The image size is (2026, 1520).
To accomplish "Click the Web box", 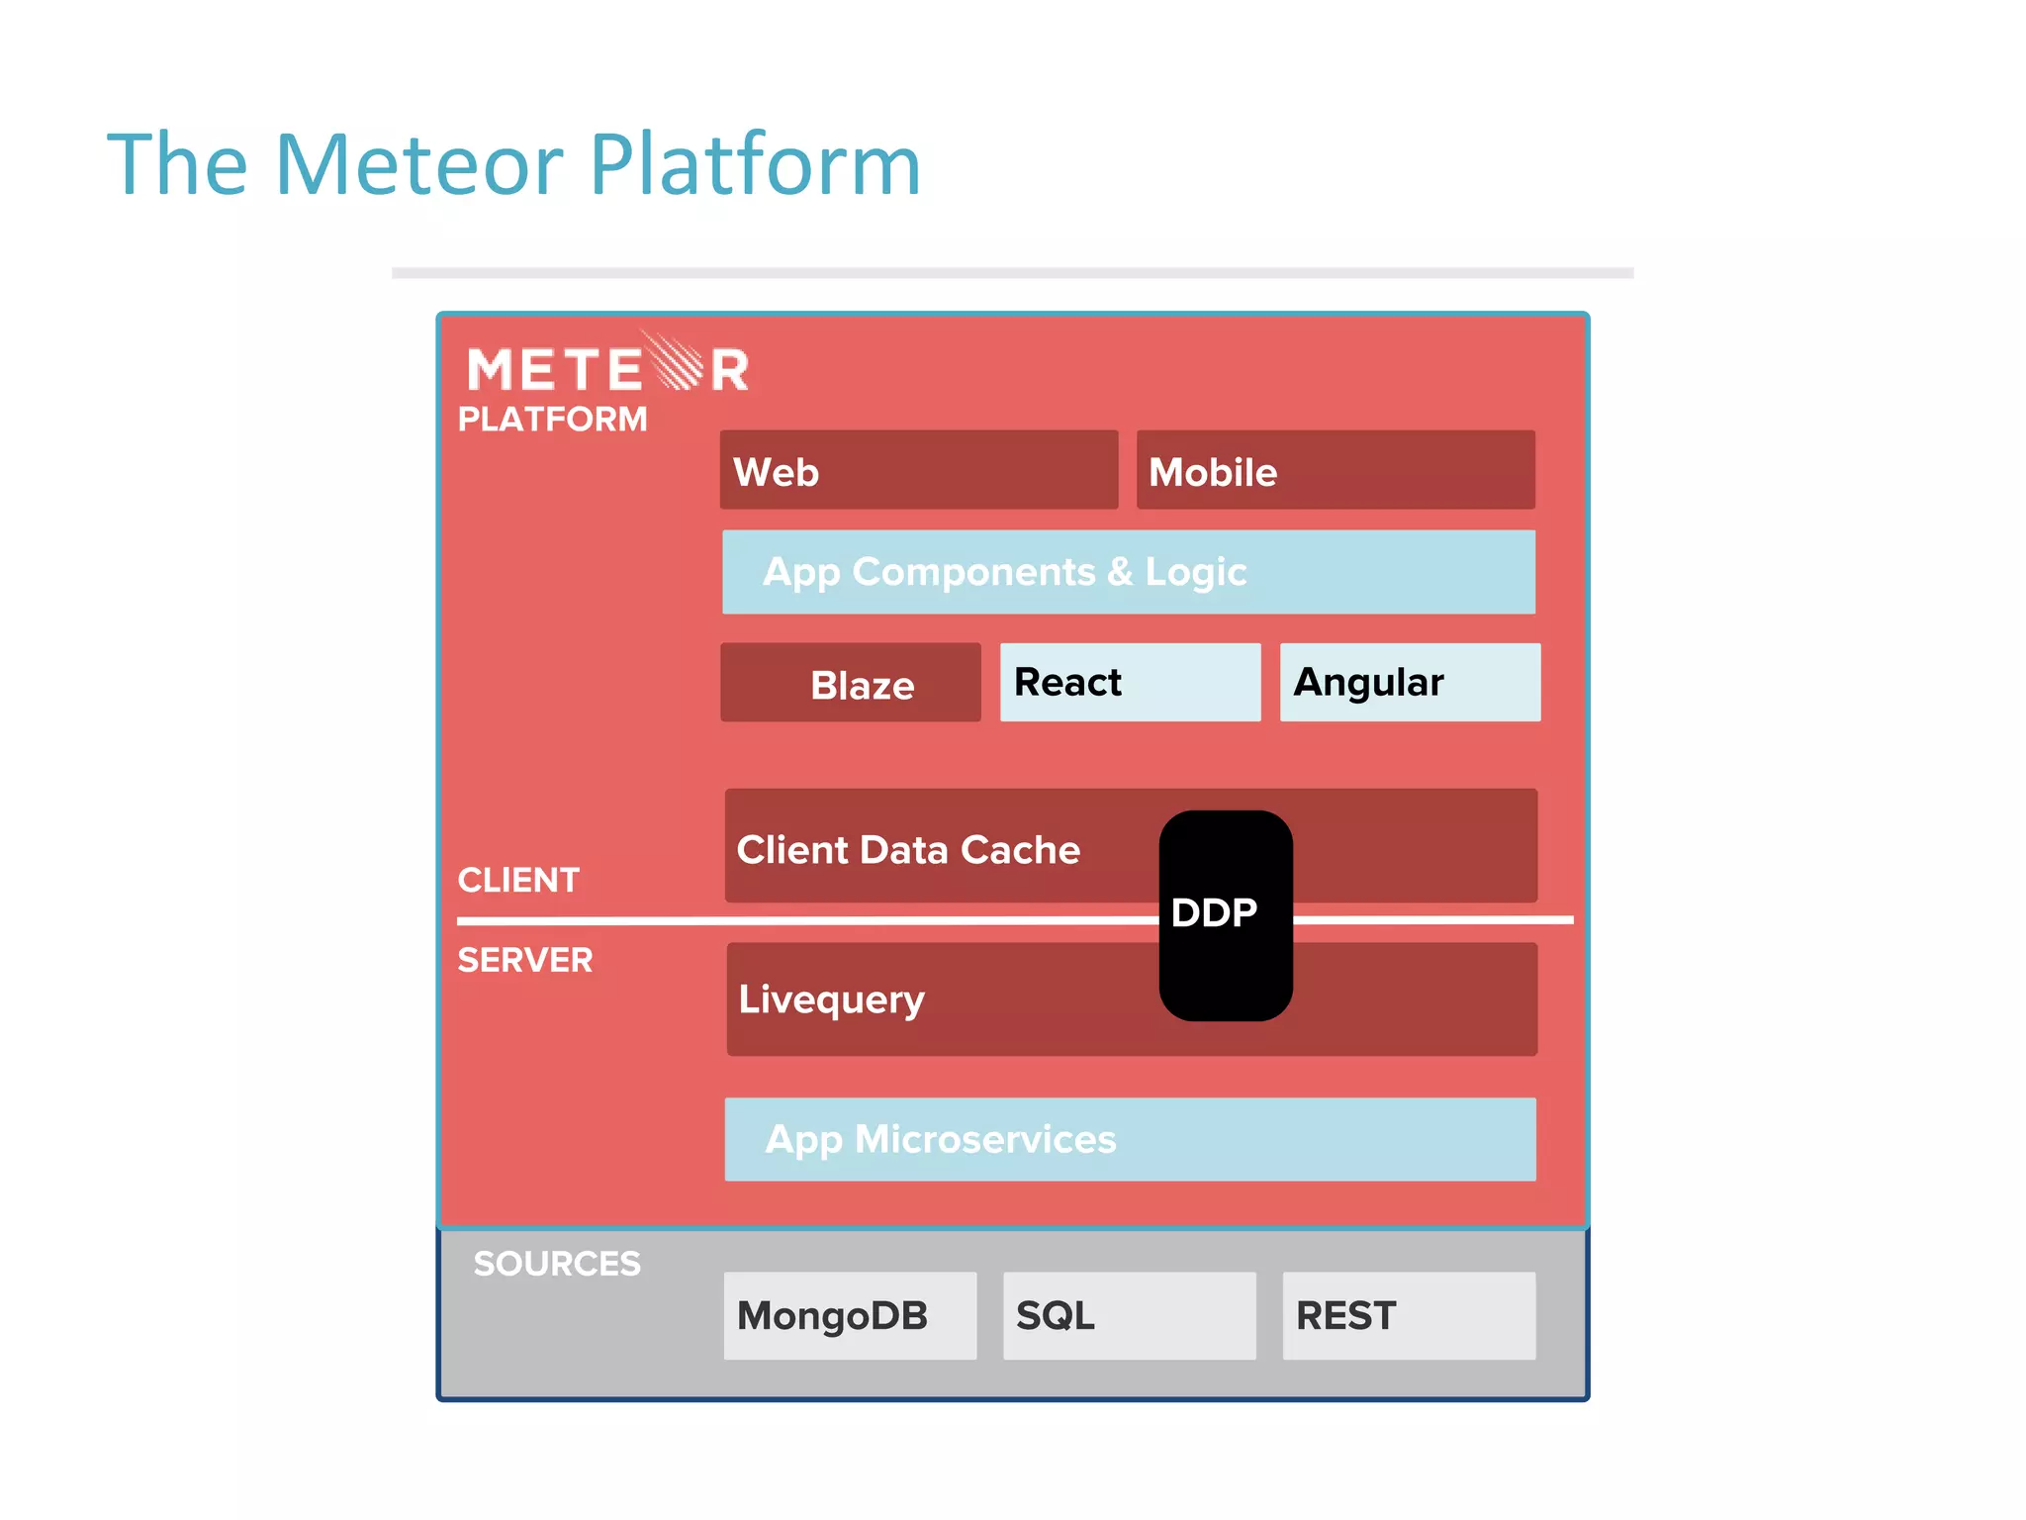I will pos(918,470).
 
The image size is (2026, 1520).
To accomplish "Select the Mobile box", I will pos(1335,470).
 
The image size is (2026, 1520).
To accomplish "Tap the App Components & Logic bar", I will pos(1128,572).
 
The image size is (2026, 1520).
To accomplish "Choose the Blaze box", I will pos(851,683).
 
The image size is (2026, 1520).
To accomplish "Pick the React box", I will pos(1130,683).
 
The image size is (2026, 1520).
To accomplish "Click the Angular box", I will pos(1410,683).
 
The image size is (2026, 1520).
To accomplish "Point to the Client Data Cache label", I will pos(908,850).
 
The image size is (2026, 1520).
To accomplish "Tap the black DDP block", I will pos(1225,915).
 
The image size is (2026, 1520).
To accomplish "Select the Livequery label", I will pos(831,999).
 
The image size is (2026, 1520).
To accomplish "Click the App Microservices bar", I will pos(1130,1139).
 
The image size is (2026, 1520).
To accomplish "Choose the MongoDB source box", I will pos(850,1316).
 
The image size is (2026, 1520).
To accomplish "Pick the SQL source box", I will pos(1129,1316).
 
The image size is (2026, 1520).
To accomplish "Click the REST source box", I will pos(1409,1316).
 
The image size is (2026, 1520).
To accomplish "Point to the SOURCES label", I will pos(557,1264).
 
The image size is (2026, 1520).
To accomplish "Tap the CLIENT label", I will pos(518,880).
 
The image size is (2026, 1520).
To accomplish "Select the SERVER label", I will pos(524,960).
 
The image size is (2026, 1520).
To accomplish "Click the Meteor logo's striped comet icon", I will pos(677,363).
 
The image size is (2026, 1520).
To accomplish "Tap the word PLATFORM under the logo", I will pos(552,420).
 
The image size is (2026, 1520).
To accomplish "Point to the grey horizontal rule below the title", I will pos(1012,273).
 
